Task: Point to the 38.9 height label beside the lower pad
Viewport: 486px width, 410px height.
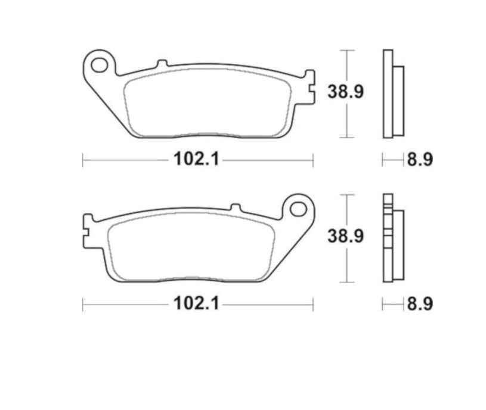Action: point(345,236)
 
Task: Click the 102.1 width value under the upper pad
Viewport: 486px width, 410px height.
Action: point(189,160)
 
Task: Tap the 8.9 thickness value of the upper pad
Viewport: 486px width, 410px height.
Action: point(419,160)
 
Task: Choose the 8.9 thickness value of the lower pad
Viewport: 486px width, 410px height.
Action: point(419,304)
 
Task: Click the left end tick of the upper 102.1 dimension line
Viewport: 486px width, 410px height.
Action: point(83,160)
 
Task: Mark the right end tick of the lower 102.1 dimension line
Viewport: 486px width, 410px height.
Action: point(312,304)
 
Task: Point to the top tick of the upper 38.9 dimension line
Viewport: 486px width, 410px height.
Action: point(346,51)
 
